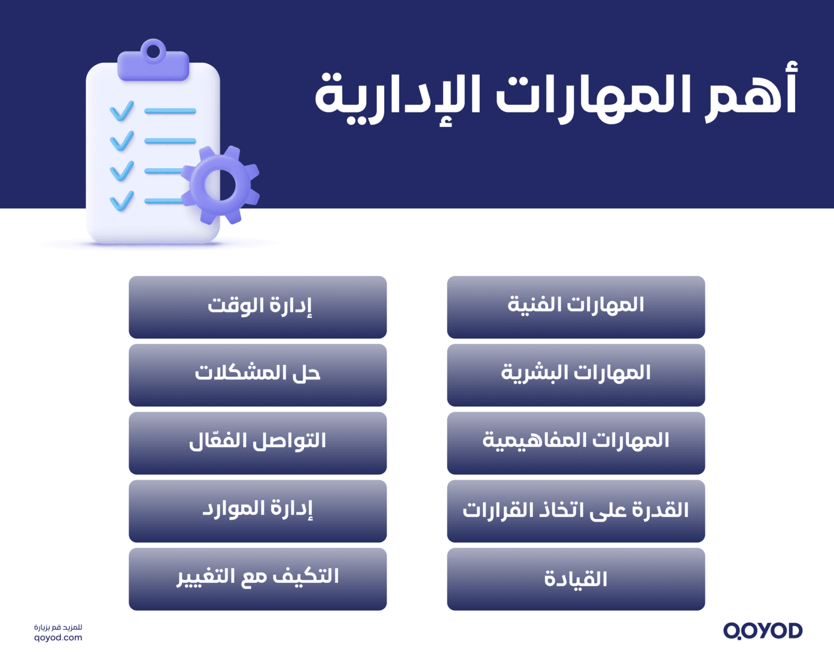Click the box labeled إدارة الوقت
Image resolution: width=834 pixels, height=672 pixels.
point(258,307)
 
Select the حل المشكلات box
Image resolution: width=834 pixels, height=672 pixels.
point(258,375)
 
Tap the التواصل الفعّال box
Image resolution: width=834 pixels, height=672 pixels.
point(258,443)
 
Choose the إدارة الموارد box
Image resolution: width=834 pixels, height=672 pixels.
point(258,511)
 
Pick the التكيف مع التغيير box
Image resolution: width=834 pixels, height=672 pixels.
point(258,579)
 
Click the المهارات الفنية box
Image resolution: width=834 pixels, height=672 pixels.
point(576,307)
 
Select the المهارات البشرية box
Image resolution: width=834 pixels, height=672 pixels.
point(576,375)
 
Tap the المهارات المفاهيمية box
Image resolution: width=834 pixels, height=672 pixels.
point(576,443)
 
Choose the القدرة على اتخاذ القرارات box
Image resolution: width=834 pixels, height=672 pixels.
point(576,511)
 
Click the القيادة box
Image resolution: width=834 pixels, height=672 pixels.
point(576,579)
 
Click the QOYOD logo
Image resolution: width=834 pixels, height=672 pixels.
point(762,631)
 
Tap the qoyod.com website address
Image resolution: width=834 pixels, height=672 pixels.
point(58,638)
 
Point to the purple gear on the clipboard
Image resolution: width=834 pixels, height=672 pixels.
point(221,185)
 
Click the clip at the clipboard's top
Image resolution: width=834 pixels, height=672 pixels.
point(153,60)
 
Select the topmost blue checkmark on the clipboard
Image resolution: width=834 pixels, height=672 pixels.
point(122,111)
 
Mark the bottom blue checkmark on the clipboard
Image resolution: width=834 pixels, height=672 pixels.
point(122,201)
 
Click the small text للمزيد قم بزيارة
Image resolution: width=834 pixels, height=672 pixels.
point(58,627)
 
